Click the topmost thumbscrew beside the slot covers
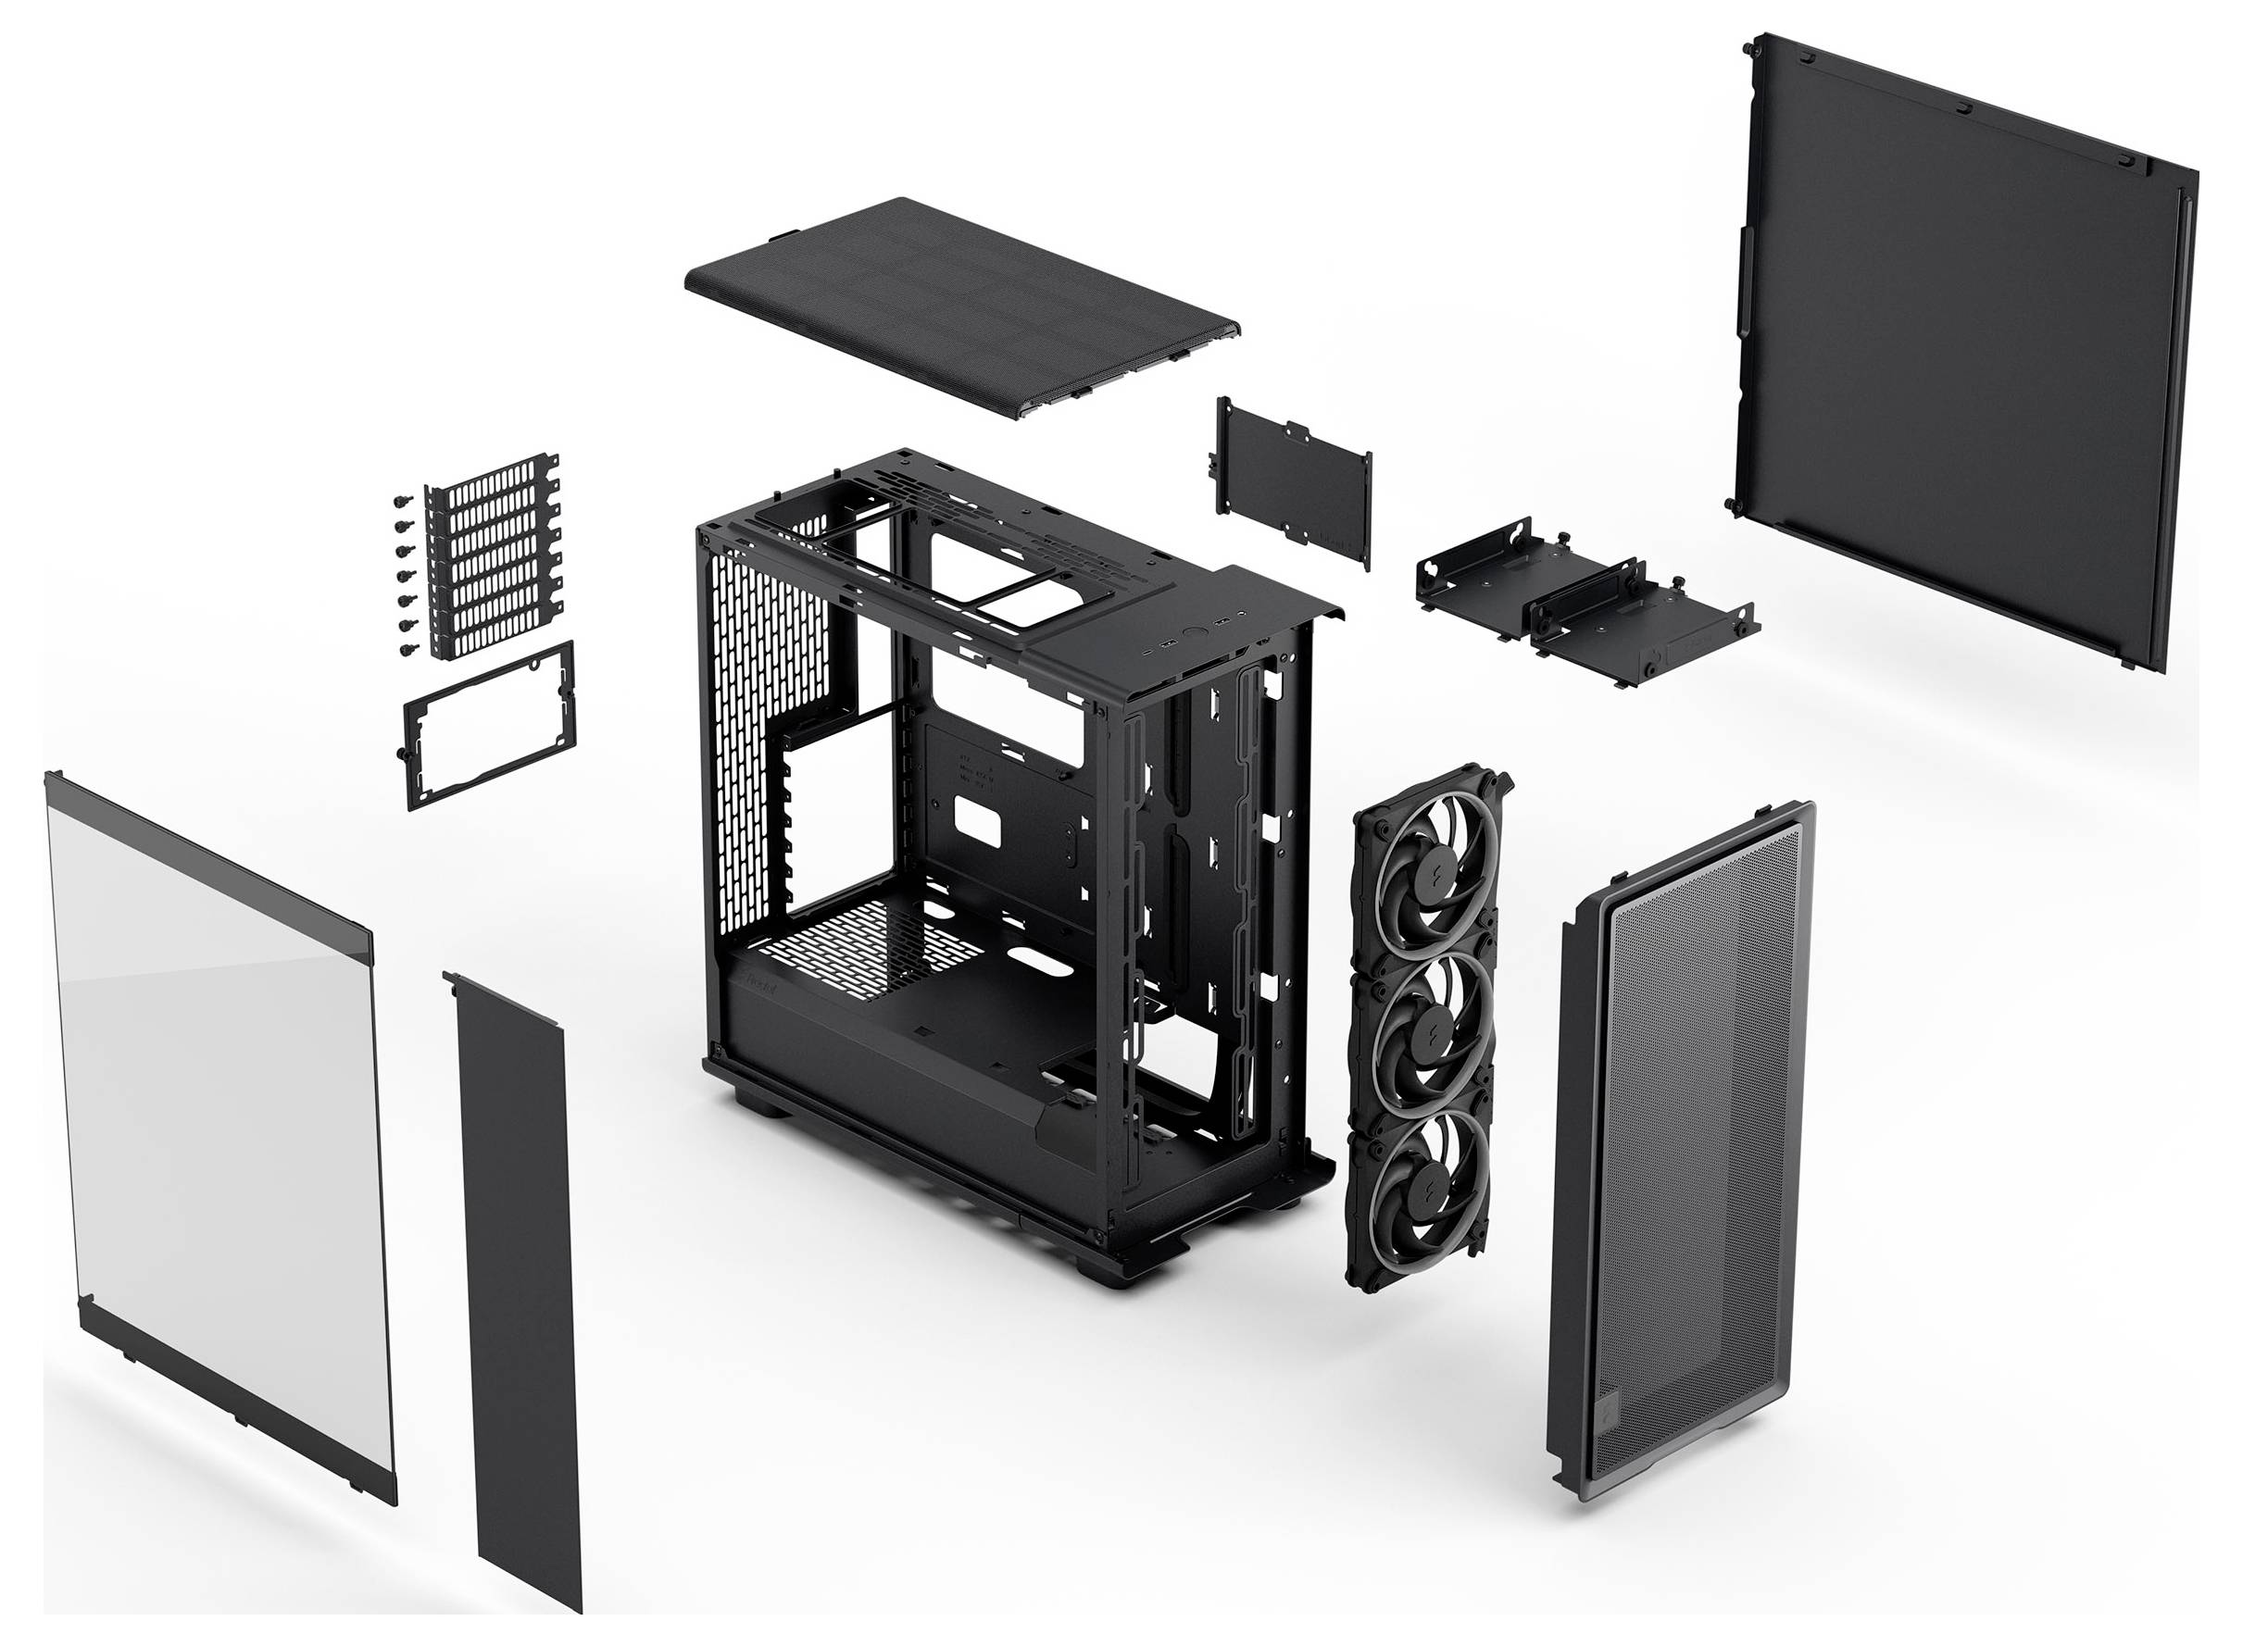coord(403,500)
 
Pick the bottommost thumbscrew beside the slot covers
coord(408,650)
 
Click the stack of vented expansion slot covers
coord(490,558)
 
